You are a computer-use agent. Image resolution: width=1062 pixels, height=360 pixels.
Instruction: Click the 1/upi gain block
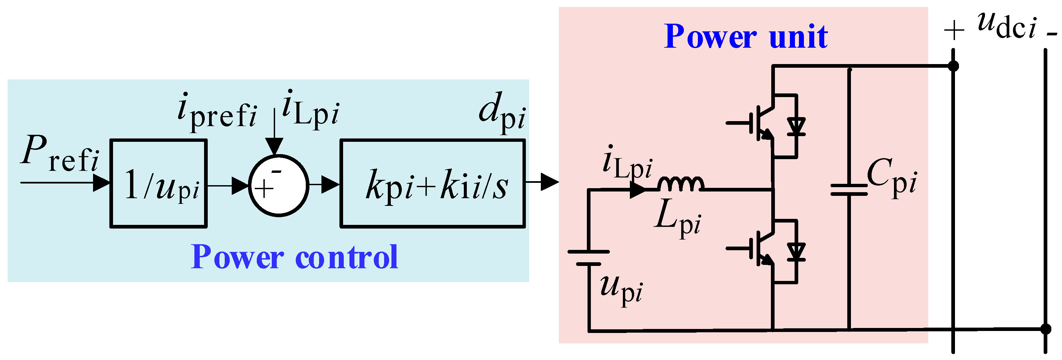pyautogui.click(x=158, y=184)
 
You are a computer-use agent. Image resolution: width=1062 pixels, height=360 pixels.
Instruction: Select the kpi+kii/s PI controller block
pyautogui.click(x=432, y=184)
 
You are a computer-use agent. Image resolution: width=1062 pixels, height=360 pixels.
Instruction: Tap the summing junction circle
pyautogui.click(x=278, y=186)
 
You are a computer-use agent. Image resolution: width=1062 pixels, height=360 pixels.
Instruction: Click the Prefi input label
pyautogui.click(x=60, y=153)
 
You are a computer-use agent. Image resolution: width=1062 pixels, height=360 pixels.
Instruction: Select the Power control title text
pyautogui.click(x=294, y=257)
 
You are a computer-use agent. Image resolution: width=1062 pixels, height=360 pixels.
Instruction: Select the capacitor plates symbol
pyautogui.click(x=849, y=190)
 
